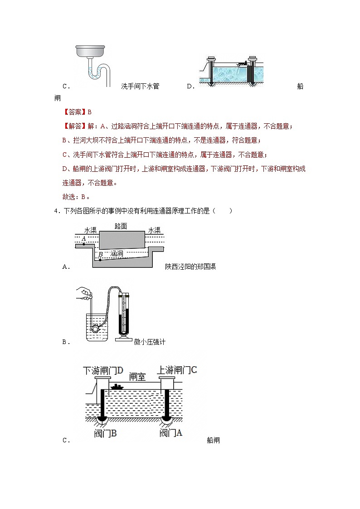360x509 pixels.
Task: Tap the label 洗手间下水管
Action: pos(140,86)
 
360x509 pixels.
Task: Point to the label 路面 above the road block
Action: pos(121,226)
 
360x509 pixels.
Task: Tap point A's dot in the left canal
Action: pos(84,244)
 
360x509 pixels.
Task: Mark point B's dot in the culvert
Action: pos(100,260)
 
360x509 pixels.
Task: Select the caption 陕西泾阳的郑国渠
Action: pos(190,267)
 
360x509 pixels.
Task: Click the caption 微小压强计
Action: pos(150,342)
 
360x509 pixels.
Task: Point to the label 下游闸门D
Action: pos(103,371)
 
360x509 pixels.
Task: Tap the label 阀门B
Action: pos(106,433)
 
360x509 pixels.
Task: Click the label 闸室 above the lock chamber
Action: pos(137,377)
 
